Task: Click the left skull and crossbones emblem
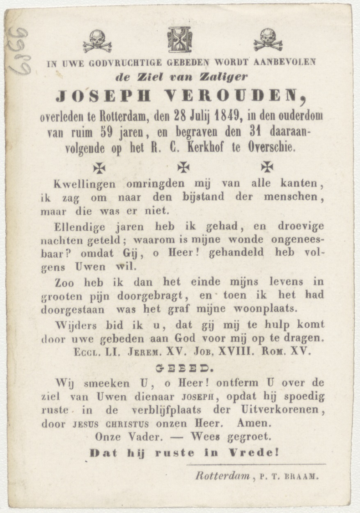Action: coord(97,41)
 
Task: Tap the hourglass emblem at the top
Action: coord(179,39)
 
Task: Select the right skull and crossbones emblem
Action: coord(268,39)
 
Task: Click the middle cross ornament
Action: coord(183,167)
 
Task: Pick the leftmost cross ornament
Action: coord(99,167)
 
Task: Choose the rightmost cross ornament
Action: coord(267,166)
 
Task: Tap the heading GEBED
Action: coord(179,368)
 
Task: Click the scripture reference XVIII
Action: coord(235,352)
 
